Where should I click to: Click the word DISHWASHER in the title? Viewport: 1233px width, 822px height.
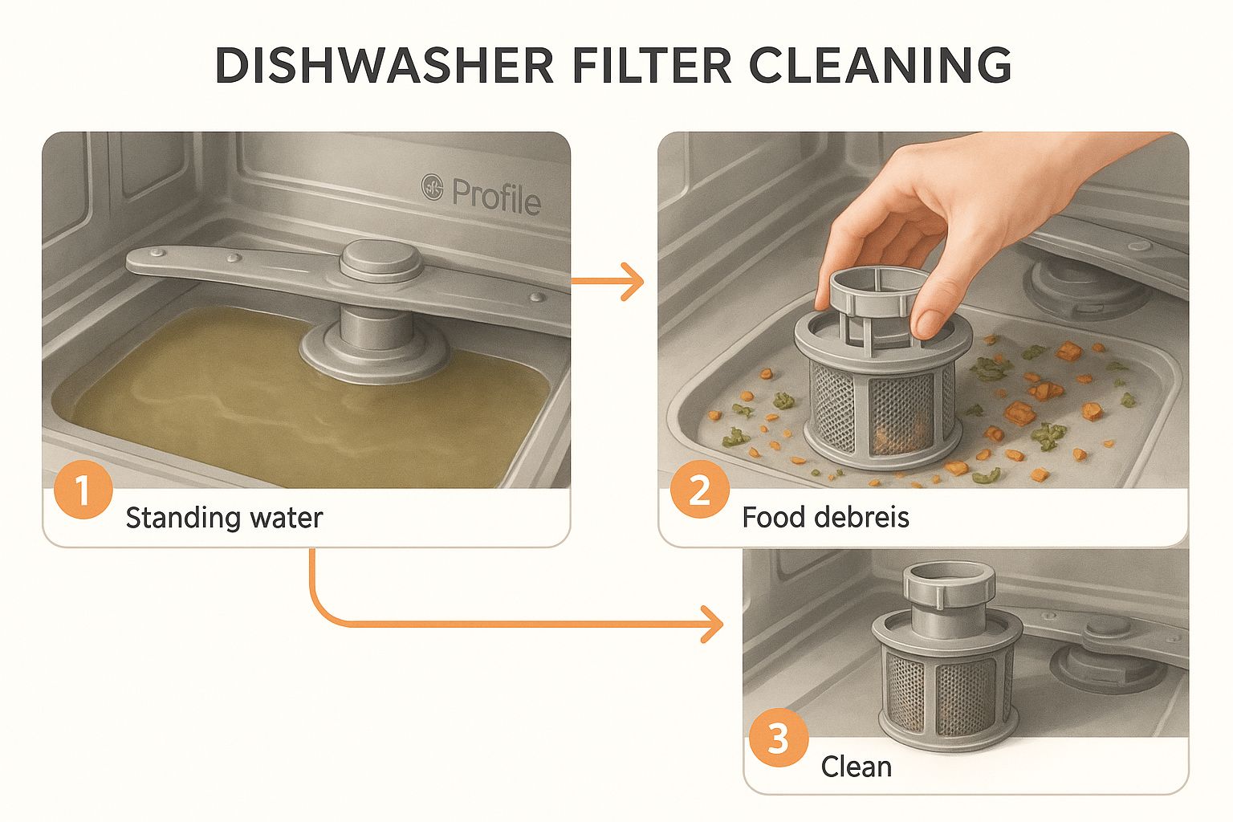[385, 67]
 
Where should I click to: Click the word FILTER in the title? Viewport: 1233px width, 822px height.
[652, 67]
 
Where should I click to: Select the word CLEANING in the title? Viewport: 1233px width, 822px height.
[880, 67]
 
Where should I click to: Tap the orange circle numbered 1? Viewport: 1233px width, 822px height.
[83, 490]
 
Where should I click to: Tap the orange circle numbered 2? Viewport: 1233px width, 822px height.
[699, 490]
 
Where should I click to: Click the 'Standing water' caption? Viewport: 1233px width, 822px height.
[224, 518]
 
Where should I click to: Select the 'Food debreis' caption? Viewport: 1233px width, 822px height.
[825, 518]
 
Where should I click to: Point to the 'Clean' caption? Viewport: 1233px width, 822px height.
[856, 767]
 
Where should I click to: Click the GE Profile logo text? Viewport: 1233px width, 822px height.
[495, 195]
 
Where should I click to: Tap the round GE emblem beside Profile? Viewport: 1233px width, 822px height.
[433, 189]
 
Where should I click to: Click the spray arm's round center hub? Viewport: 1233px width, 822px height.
[380, 258]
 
